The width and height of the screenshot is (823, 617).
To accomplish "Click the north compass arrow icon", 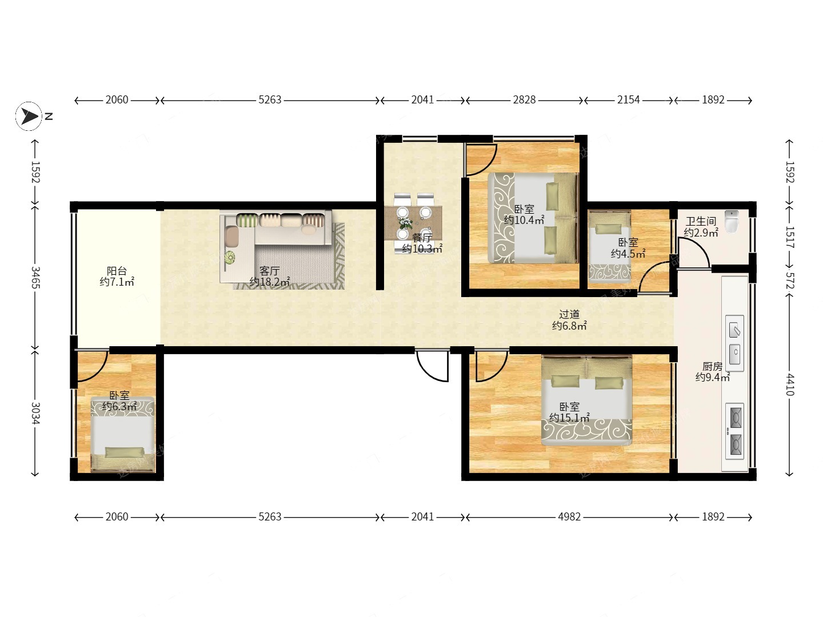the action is (x=29, y=116).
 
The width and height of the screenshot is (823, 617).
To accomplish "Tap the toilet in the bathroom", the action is (x=732, y=221).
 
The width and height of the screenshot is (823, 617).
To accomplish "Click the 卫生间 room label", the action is (x=701, y=222).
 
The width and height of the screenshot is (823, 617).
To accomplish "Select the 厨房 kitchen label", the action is (x=712, y=366).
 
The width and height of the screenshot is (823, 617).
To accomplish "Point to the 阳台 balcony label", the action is (x=117, y=270).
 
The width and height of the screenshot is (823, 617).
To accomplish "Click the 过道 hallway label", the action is (x=569, y=314).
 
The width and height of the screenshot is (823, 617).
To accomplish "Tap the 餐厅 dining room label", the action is (x=422, y=237).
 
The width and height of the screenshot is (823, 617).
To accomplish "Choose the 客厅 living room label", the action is (x=270, y=270).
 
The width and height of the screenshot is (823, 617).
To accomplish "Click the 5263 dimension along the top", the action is (x=270, y=99).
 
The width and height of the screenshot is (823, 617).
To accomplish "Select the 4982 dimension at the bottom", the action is (x=569, y=516).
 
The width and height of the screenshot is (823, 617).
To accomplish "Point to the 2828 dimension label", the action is (x=524, y=99).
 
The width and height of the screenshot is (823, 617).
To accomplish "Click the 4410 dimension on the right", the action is (x=789, y=384).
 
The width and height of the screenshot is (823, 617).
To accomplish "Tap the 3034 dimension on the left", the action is (x=35, y=413).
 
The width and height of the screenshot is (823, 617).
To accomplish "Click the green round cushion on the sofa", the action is (x=229, y=257).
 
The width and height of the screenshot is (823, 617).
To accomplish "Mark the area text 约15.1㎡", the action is (x=569, y=417).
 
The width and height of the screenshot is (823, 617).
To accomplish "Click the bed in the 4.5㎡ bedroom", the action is (x=610, y=246).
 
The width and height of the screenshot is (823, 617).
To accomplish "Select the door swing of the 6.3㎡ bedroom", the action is (x=92, y=367).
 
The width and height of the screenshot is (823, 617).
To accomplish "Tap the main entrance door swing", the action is (x=432, y=366).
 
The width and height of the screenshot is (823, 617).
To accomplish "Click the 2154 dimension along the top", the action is (x=629, y=99).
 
